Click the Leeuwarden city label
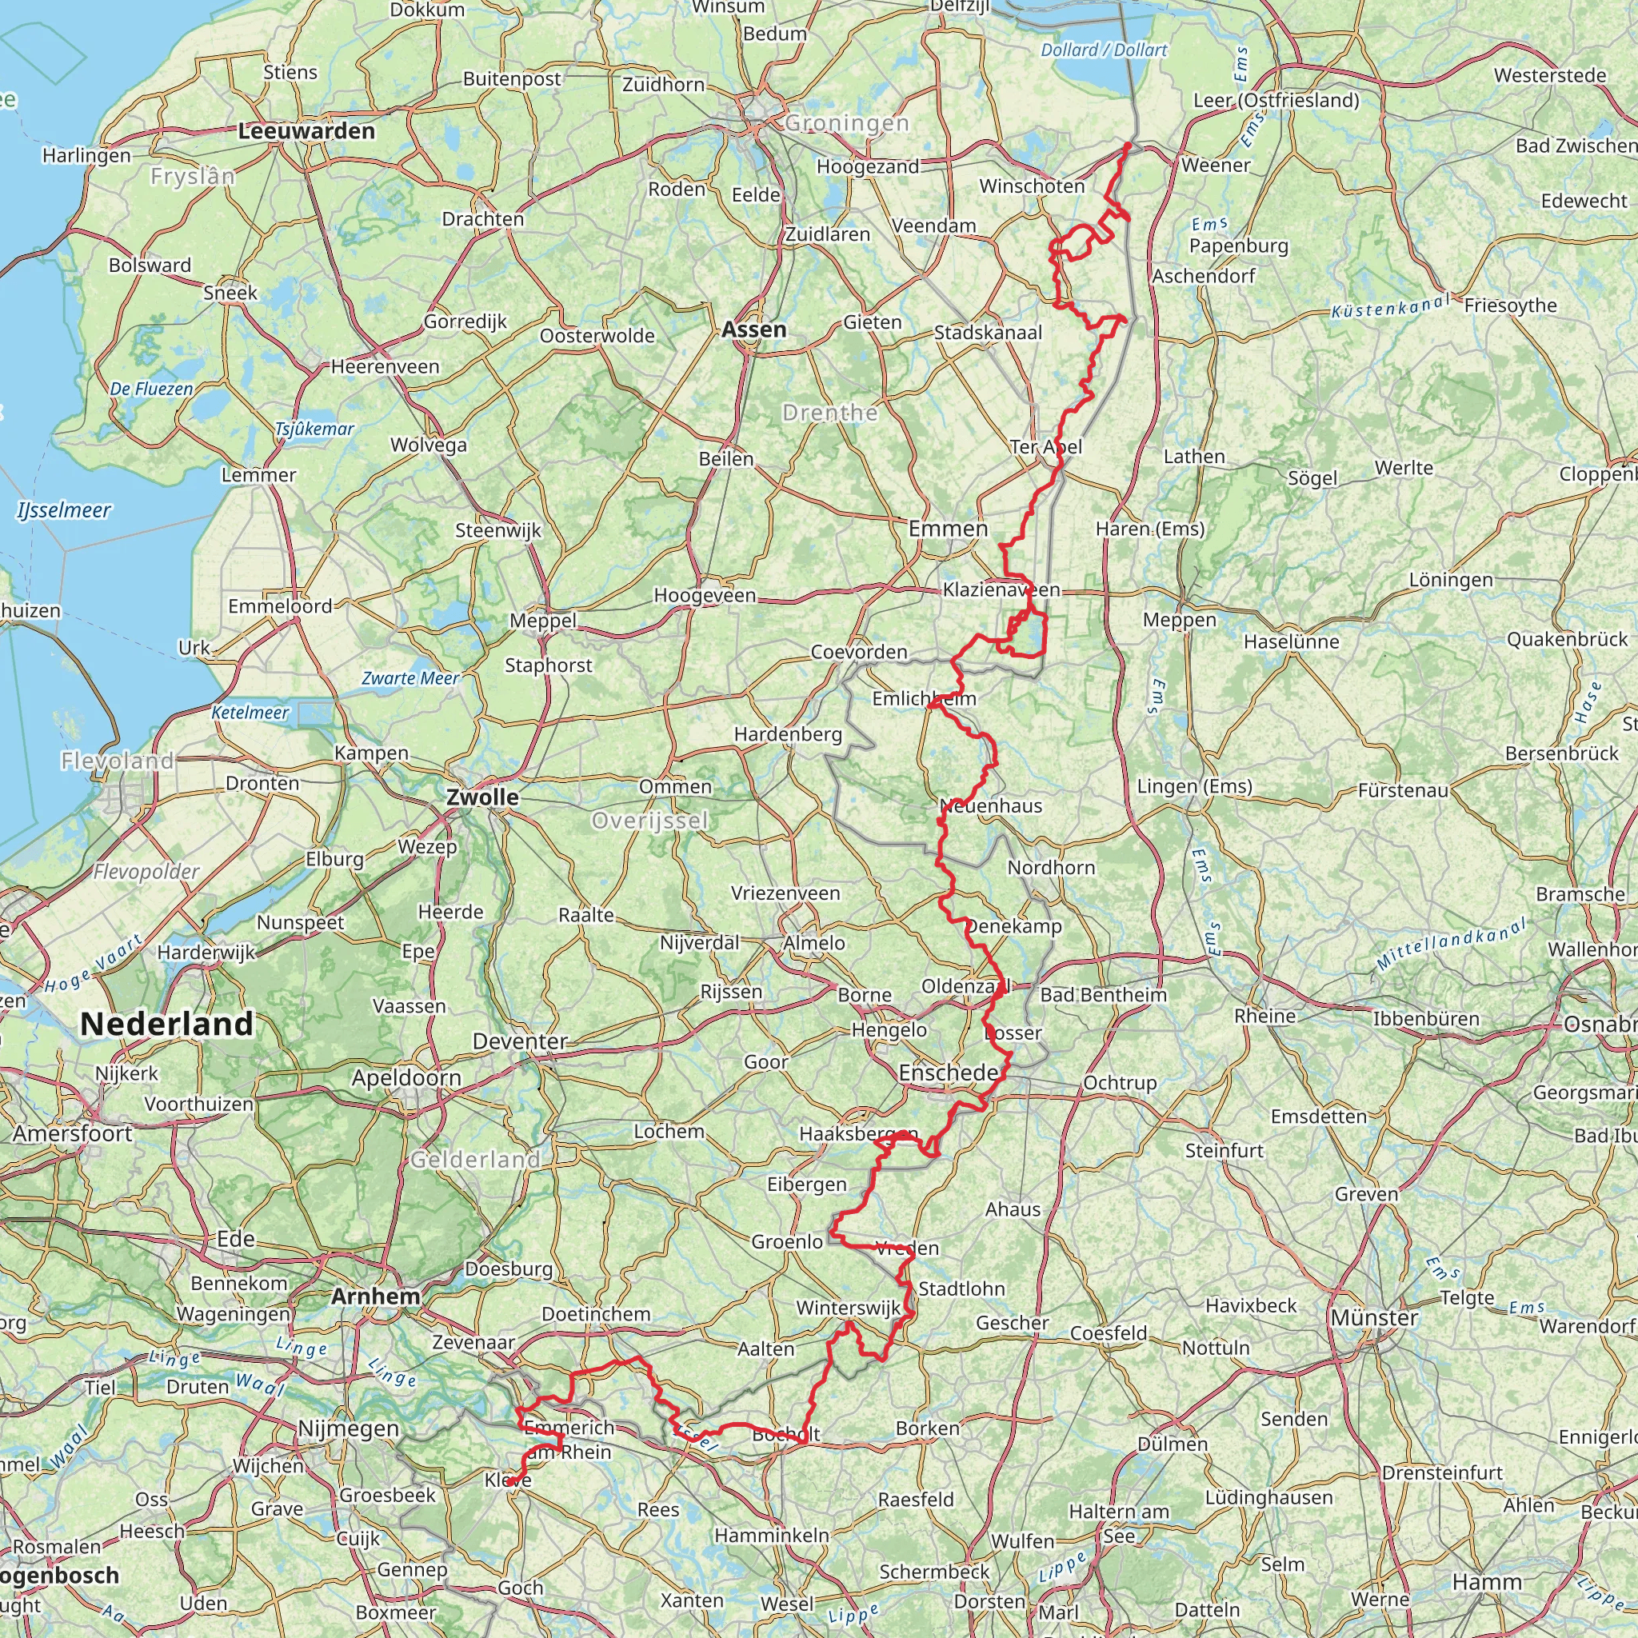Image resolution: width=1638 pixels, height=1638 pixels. pos(306,131)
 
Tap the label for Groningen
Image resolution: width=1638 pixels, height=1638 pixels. pos(846,124)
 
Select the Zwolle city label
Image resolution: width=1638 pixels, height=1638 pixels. pos(482,797)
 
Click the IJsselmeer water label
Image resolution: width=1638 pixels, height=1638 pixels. pos(64,509)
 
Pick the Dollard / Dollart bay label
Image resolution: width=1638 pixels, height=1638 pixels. pos(1104,50)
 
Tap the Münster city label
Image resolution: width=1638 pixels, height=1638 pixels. pos(1373,1317)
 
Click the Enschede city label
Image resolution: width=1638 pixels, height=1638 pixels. pos(948,1073)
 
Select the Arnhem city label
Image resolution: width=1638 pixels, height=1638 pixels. pos(376,1296)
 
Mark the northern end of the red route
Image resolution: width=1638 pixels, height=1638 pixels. pos(1128,145)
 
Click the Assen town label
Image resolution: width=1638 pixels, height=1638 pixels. pos(753,329)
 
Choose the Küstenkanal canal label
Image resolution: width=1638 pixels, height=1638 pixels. pos(1389,306)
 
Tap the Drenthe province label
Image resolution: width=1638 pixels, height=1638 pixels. pos(829,413)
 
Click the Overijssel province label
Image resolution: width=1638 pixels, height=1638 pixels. pos(649,821)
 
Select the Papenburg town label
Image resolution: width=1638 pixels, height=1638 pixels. pos(1238,246)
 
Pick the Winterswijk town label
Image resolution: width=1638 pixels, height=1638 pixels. pos(848,1308)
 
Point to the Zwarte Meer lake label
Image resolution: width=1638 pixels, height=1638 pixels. pos(410,677)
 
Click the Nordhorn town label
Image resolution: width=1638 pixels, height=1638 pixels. pos(1050,867)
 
